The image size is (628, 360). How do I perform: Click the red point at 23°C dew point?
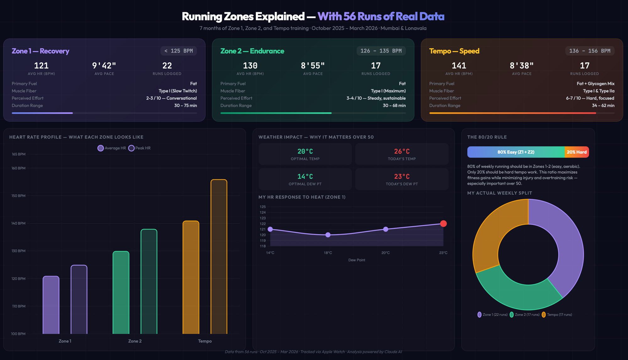click(x=443, y=223)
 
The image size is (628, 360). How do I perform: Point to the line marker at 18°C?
click(x=328, y=235)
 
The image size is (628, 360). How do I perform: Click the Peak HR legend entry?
click(x=139, y=148)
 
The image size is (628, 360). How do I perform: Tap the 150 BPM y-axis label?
click(x=19, y=196)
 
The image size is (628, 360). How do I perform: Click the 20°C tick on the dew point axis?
click(x=386, y=253)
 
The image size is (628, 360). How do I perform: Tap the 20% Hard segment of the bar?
click(x=577, y=152)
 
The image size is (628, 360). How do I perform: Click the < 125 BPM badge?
click(x=178, y=51)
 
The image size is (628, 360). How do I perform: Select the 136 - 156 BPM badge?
click(x=590, y=51)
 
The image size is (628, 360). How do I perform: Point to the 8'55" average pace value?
click(x=313, y=66)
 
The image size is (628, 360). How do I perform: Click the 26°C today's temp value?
click(x=402, y=151)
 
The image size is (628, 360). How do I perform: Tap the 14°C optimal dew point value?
click(x=305, y=176)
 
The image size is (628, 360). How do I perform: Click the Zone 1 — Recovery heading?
click(x=41, y=51)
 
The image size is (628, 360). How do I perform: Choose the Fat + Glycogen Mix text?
click(x=595, y=83)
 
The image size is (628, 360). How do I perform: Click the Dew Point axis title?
click(x=357, y=260)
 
